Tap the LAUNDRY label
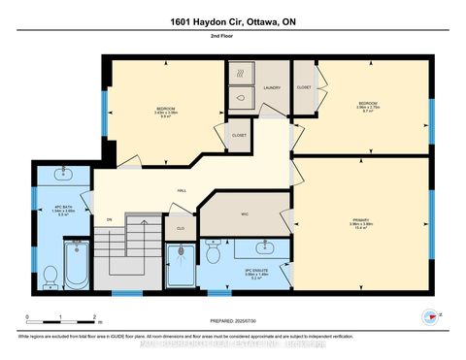(x=272, y=88)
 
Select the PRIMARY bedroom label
(x=361, y=221)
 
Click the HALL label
(x=182, y=191)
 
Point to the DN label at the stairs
(x=109, y=219)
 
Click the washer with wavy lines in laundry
(x=242, y=73)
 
